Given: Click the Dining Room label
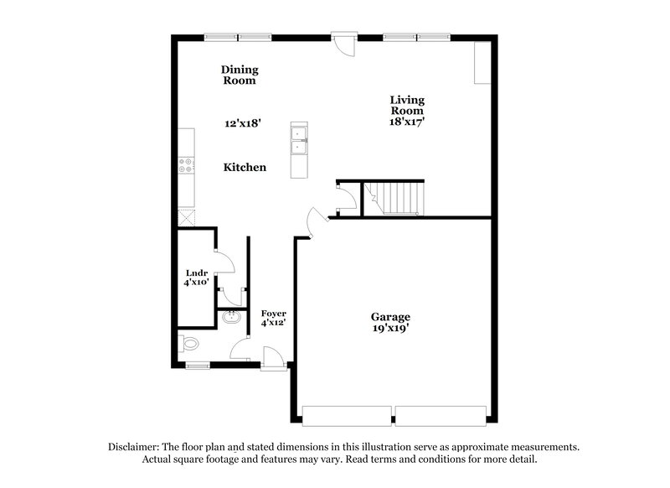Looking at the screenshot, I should click(x=239, y=75).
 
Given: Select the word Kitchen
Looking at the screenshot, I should click(x=245, y=168).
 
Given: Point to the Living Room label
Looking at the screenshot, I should click(x=406, y=105).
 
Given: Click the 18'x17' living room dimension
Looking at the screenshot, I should click(x=406, y=121).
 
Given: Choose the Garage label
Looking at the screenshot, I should click(x=390, y=317).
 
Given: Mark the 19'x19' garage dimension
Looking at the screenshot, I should click(x=390, y=329).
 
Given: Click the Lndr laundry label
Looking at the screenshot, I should click(x=196, y=273).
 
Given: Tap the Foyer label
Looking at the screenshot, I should click(x=273, y=313).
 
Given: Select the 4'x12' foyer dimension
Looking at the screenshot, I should click(x=273, y=324).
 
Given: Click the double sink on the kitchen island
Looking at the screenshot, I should click(x=298, y=140).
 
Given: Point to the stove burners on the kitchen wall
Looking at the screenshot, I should click(x=186, y=165).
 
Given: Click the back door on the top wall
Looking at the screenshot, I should click(x=343, y=44).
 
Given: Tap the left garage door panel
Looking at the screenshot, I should click(x=345, y=415).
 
